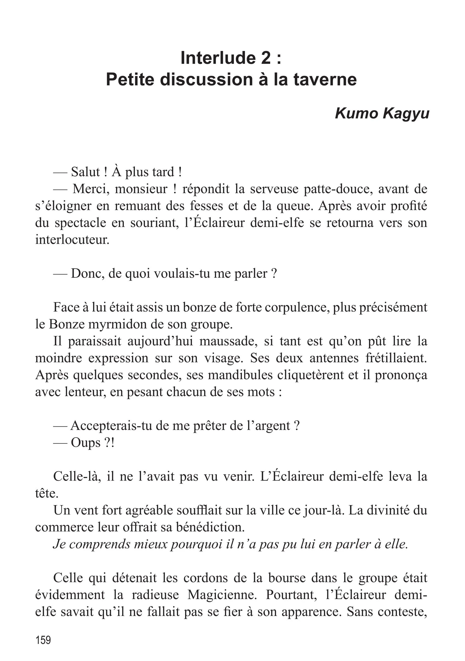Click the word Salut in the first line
point(85,172)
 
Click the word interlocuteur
point(72,240)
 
